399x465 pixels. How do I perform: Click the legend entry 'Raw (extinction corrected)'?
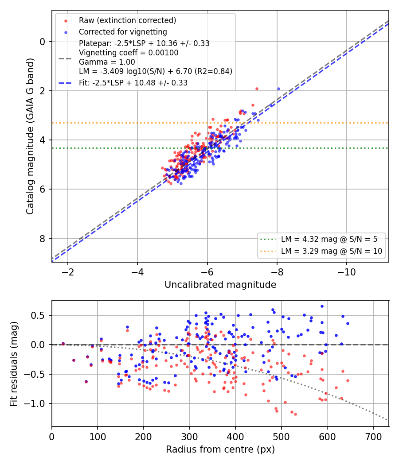click(127, 20)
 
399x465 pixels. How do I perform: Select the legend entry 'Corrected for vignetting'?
click(123, 32)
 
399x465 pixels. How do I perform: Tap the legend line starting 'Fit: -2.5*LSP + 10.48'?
click(133, 83)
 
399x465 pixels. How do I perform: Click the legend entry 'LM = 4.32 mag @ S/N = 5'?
click(329, 239)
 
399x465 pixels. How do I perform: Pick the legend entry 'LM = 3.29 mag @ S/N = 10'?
click(332, 251)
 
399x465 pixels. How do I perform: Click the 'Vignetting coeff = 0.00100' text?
click(129, 53)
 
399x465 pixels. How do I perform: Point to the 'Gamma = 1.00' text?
click(107, 62)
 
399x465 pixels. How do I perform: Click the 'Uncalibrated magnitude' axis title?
click(220, 285)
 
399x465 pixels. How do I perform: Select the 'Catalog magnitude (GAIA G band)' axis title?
click(30, 136)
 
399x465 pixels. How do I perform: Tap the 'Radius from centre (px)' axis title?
click(220, 449)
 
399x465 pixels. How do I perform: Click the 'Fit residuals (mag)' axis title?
click(14, 364)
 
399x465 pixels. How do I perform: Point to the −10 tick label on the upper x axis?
click(346, 271)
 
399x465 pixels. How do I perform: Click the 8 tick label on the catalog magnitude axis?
click(43, 239)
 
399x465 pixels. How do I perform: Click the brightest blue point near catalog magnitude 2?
click(278, 89)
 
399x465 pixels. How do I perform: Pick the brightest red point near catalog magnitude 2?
click(257, 89)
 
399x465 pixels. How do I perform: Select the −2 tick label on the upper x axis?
click(67, 271)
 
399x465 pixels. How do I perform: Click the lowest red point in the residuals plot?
click(295, 414)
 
